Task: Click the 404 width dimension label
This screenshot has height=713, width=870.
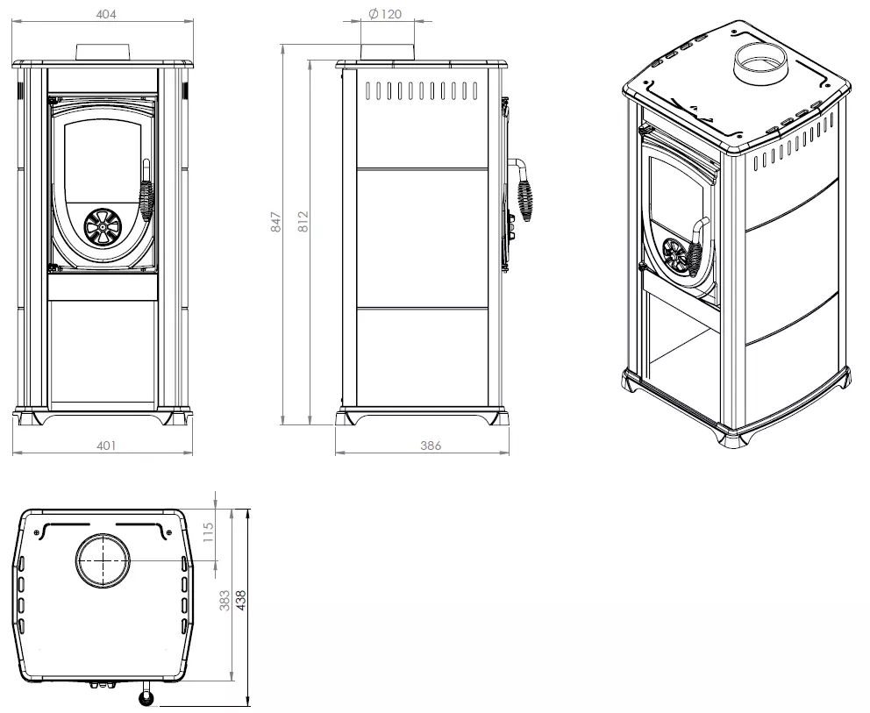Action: tap(106, 14)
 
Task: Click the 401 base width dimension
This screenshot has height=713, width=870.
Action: tap(106, 446)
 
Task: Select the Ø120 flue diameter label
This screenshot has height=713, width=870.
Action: tap(385, 14)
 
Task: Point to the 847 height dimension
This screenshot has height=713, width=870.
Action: tap(276, 221)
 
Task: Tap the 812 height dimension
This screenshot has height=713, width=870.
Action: tap(303, 221)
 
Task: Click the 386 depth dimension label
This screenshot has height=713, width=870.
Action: tap(431, 446)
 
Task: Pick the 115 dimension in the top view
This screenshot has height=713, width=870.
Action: tap(208, 533)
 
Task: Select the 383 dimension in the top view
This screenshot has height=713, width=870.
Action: tap(225, 601)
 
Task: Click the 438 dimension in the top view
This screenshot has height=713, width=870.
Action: tap(240, 601)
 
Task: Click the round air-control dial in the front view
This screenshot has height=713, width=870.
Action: tap(103, 226)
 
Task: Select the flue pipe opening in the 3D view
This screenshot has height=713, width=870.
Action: tap(760, 59)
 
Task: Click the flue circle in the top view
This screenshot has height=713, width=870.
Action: tap(103, 560)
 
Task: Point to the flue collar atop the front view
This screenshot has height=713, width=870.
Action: tap(103, 52)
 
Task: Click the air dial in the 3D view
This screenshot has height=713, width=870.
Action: tap(675, 256)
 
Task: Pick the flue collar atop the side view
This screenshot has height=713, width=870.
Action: tap(388, 51)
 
